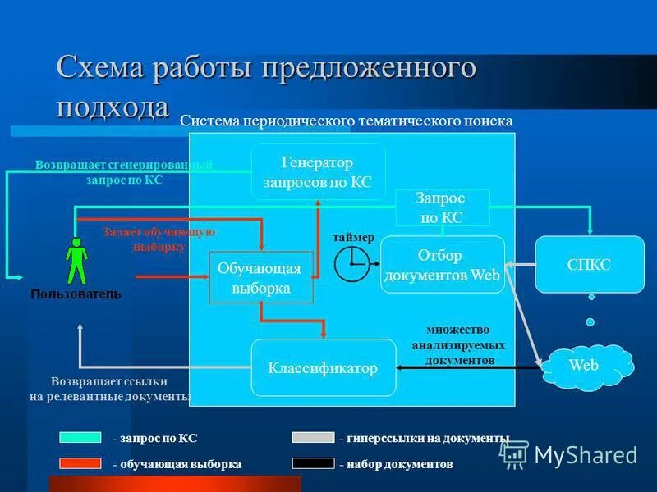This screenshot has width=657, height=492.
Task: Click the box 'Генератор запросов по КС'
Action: (318, 171)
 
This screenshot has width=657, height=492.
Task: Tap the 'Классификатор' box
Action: (323, 368)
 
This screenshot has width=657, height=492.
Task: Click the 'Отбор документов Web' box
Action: (442, 266)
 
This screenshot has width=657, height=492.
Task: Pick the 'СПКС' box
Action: (589, 265)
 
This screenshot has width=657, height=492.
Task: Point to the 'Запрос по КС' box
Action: (442, 208)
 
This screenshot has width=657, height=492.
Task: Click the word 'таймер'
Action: (353, 237)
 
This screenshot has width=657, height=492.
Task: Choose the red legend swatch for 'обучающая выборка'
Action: (80, 463)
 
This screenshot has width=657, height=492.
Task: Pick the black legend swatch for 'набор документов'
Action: (313, 463)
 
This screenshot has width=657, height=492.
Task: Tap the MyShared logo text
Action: (586, 455)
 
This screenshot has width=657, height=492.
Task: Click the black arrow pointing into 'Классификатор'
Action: (468, 368)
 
